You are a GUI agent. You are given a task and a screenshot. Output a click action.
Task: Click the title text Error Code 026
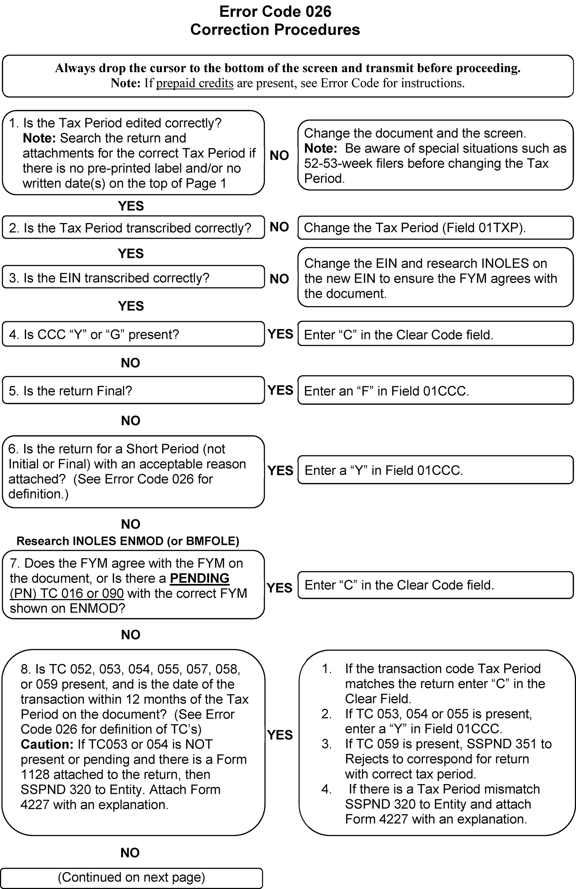click(275, 12)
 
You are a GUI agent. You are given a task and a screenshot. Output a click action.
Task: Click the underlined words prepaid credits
click(195, 83)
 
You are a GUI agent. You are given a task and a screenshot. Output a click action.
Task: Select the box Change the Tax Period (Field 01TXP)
click(435, 228)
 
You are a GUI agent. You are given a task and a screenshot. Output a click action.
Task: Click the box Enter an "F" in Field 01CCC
click(435, 391)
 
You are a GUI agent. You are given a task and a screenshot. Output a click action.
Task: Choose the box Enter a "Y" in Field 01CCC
click(435, 470)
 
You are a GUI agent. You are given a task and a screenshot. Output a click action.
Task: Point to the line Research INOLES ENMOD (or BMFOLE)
click(128, 541)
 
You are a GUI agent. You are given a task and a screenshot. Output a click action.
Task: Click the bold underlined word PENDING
click(199, 578)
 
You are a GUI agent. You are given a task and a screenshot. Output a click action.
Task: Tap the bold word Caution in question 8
click(47, 744)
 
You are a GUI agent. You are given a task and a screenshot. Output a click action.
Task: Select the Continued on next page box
click(131, 877)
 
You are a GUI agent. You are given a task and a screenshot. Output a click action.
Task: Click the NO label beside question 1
click(279, 155)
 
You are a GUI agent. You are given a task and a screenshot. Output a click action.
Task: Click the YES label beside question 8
click(280, 735)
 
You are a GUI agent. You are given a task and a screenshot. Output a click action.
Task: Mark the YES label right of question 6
click(280, 470)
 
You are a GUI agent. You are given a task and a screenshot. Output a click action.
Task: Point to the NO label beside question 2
click(279, 227)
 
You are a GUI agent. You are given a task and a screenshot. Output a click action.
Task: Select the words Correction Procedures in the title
click(275, 30)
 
